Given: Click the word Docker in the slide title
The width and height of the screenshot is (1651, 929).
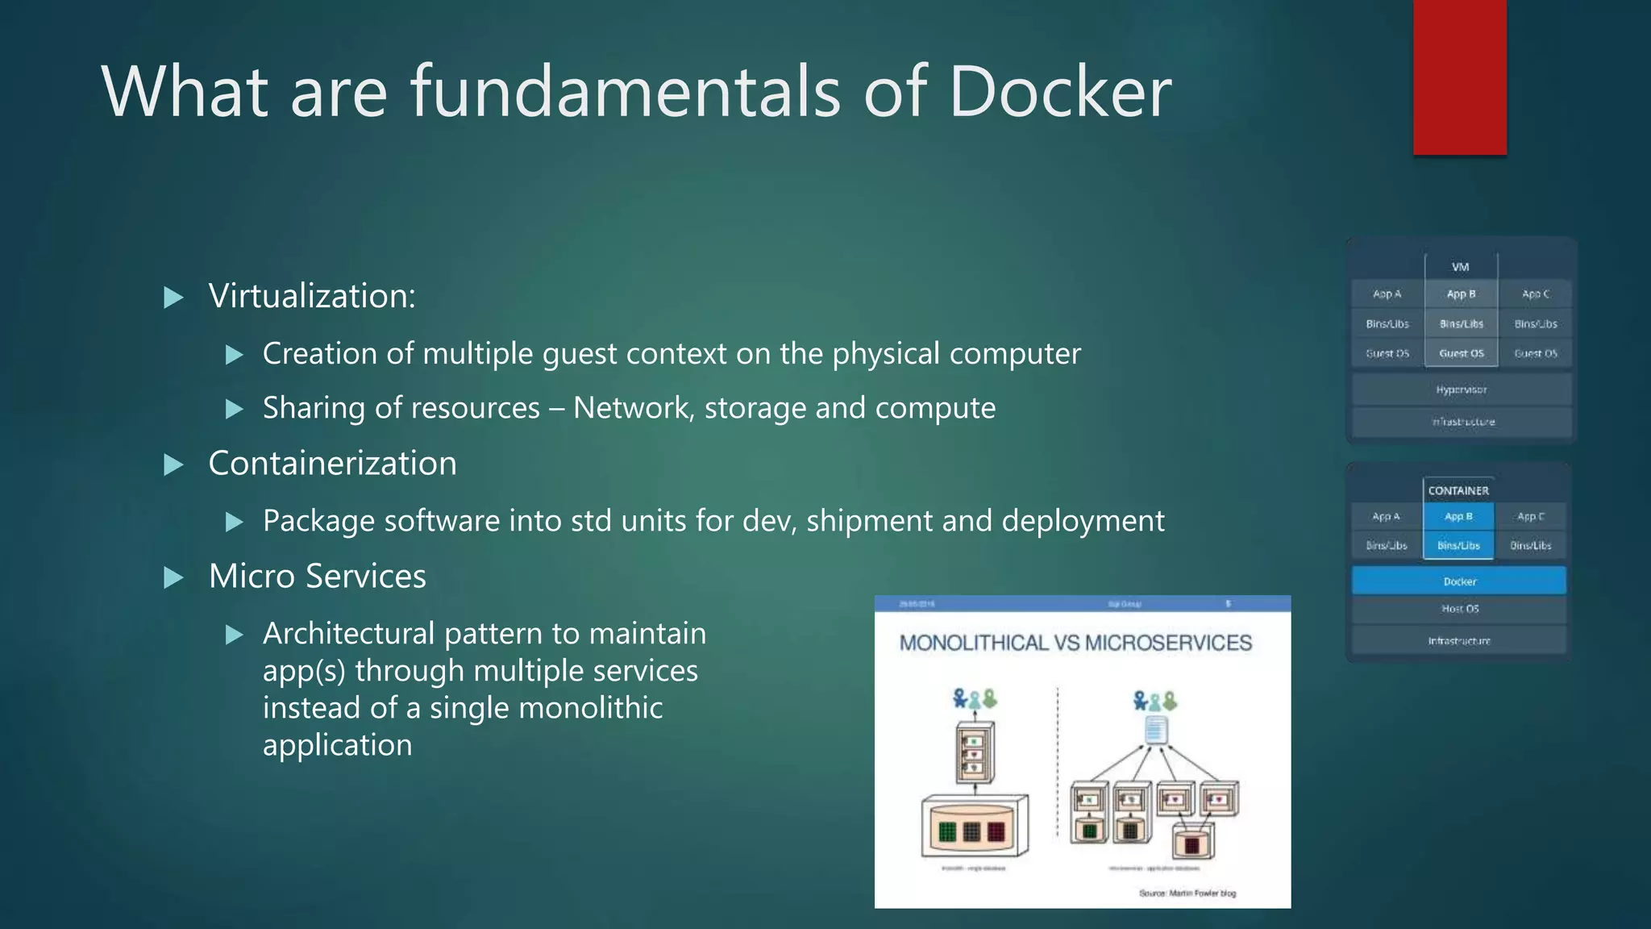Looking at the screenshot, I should (x=1060, y=92).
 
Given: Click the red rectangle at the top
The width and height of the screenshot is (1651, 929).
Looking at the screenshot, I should (x=1459, y=77).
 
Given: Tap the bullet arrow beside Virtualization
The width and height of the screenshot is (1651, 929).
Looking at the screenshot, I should (x=173, y=298).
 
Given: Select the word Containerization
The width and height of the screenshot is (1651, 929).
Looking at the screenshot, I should (x=332, y=464).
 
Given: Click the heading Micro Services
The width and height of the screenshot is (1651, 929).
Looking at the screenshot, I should (x=317, y=577).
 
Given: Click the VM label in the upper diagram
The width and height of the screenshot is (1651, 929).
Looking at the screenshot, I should (x=1460, y=267).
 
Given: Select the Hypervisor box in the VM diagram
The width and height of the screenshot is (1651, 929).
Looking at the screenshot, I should (x=1461, y=390).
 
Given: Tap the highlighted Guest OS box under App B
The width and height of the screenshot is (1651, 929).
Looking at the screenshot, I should (x=1461, y=353).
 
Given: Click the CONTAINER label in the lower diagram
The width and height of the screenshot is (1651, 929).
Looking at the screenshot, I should (x=1458, y=490).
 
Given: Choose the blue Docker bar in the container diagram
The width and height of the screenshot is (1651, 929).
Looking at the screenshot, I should (x=1459, y=581).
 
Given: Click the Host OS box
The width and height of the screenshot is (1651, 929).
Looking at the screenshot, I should (x=1459, y=609).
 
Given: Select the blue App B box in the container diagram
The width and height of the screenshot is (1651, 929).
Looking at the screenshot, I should (x=1458, y=516).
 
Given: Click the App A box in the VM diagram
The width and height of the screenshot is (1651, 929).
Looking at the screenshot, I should (x=1387, y=294).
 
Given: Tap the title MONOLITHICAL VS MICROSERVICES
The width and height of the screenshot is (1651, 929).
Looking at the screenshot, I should (x=1075, y=643).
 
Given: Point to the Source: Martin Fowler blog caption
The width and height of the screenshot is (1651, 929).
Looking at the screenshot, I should (x=1187, y=893).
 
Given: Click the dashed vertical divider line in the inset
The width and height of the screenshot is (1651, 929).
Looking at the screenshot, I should (x=1058, y=762).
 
